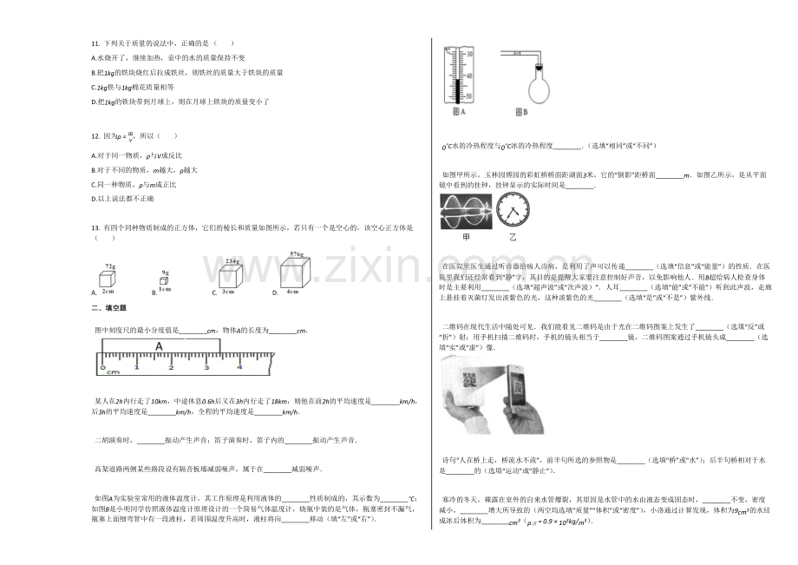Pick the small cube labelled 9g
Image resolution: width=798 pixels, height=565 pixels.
[166, 281]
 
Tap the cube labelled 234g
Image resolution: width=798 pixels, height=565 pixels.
[229, 275]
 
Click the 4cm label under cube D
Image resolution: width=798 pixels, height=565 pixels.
[292, 292]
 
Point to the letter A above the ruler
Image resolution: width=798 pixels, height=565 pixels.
[159, 346]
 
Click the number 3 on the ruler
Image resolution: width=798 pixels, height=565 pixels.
[206, 368]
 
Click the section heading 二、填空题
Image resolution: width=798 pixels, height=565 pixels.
[108, 308]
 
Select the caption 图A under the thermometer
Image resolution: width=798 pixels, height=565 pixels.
[459, 112]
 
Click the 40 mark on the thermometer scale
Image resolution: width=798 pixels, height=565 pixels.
[469, 75]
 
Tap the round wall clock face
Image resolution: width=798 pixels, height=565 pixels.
[513, 213]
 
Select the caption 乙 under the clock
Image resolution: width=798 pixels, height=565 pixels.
[512, 237]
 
